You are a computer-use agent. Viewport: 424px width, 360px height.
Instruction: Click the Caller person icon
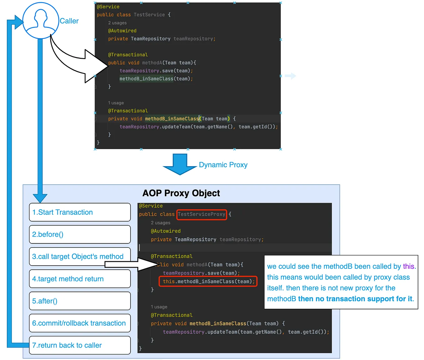[41, 21]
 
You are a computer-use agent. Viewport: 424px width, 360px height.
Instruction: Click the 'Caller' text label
[69, 21]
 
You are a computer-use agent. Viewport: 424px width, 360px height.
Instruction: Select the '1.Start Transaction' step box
[80, 212]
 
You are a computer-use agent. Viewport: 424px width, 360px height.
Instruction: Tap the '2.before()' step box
[80, 234]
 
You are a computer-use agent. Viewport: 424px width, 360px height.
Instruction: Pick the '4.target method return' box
[80, 279]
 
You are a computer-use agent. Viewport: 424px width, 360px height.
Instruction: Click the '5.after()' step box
[80, 301]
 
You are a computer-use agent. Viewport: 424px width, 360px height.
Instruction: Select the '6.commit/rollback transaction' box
[80, 323]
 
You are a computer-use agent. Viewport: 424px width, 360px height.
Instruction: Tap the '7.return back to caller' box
[80, 345]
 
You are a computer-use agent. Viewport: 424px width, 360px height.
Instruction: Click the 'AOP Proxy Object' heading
[181, 193]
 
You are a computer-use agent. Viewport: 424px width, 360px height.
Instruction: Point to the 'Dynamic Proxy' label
[223, 165]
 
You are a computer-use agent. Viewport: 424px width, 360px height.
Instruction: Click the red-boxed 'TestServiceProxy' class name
[201, 214]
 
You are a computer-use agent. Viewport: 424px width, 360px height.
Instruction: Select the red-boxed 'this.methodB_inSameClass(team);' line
[208, 282]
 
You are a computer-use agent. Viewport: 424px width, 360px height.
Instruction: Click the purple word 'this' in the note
[408, 266]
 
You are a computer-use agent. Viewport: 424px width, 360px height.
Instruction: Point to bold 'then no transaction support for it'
[355, 299]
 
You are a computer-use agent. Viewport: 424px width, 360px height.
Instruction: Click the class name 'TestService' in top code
[149, 15]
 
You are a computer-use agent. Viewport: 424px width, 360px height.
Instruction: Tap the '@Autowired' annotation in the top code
[122, 31]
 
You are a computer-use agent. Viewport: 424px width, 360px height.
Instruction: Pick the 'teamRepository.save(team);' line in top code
[156, 71]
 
